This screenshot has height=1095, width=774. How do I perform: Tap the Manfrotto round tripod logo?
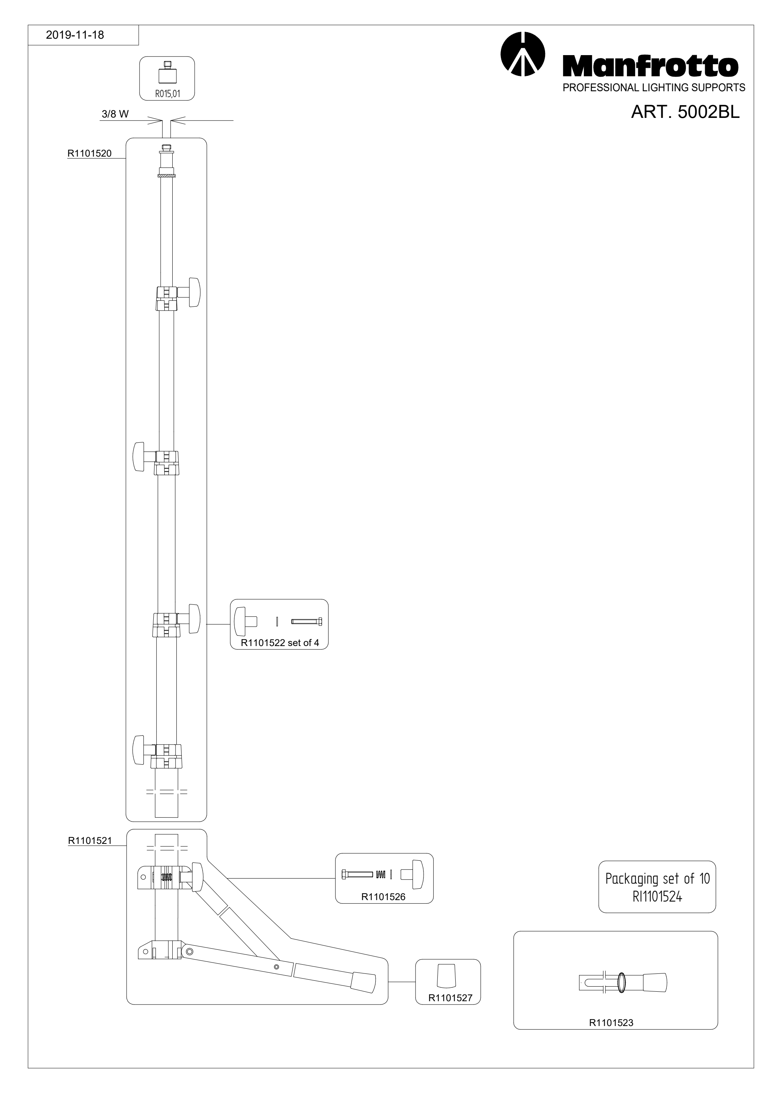(x=523, y=54)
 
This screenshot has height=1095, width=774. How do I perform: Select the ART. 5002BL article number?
(x=685, y=112)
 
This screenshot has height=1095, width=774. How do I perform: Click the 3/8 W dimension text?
(x=115, y=115)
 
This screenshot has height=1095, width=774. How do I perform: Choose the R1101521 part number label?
(x=90, y=841)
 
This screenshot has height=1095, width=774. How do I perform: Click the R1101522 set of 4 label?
(x=279, y=643)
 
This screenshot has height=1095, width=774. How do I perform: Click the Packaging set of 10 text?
(x=658, y=879)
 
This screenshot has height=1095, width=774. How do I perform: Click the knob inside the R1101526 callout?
(x=413, y=875)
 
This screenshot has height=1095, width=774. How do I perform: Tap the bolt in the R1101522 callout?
(x=307, y=622)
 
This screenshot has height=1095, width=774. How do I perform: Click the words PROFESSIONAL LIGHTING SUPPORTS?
(x=654, y=88)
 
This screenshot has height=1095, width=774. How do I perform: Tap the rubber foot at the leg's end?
(x=363, y=983)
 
